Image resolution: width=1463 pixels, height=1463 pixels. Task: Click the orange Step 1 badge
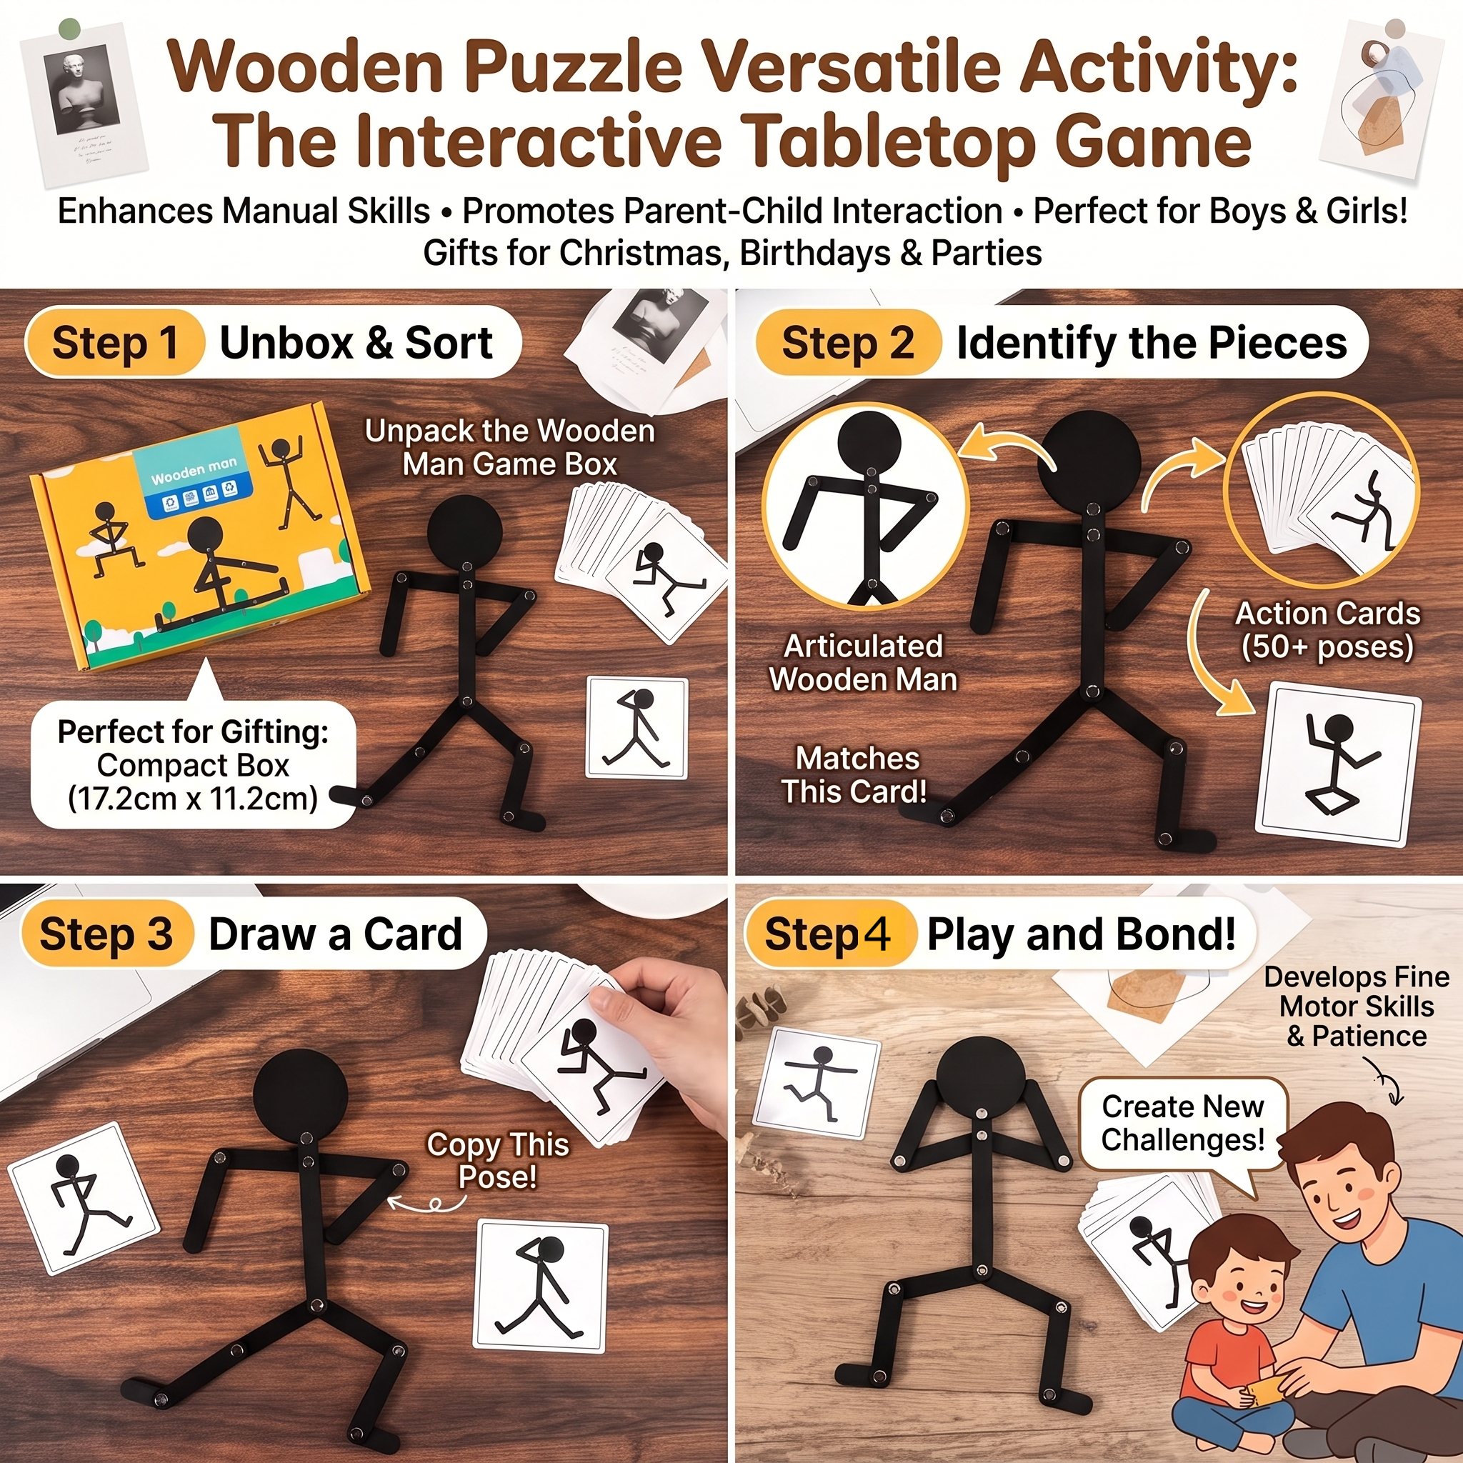[115, 343]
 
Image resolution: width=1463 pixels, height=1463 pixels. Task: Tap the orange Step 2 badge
[848, 343]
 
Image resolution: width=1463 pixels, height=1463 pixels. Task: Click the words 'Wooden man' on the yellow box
[194, 470]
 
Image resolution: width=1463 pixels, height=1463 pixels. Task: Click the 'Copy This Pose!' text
[497, 1160]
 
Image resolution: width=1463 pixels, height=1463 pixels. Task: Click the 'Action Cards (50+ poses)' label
[1328, 630]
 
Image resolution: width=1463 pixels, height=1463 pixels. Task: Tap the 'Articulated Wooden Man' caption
[863, 663]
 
